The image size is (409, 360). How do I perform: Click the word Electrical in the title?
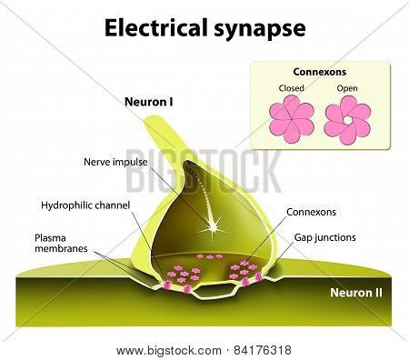[156, 27]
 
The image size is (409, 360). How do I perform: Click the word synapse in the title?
[260, 30]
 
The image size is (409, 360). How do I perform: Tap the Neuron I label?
[149, 102]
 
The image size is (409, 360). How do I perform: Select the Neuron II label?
[356, 293]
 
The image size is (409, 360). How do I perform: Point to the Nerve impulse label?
[115, 162]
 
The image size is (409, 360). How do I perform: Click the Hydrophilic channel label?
[85, 205]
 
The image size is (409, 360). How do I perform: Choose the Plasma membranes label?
[61, 243]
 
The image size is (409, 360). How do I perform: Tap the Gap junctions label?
[324, 237]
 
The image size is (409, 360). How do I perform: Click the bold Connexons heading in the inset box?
[320, 72]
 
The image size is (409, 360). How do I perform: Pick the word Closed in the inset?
[291, 88]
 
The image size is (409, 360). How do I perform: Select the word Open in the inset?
[347, 88]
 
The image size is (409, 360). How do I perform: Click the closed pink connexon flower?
[292, 119]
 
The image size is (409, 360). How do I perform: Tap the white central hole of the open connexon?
[347, 120]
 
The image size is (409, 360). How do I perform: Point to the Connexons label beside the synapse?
[311, 212]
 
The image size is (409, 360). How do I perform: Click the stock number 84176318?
[263, 350]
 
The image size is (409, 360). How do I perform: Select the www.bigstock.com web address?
[169, 351]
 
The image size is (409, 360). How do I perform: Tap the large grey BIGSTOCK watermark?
[204, 171]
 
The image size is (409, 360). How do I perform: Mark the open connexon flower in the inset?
[347, 120]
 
